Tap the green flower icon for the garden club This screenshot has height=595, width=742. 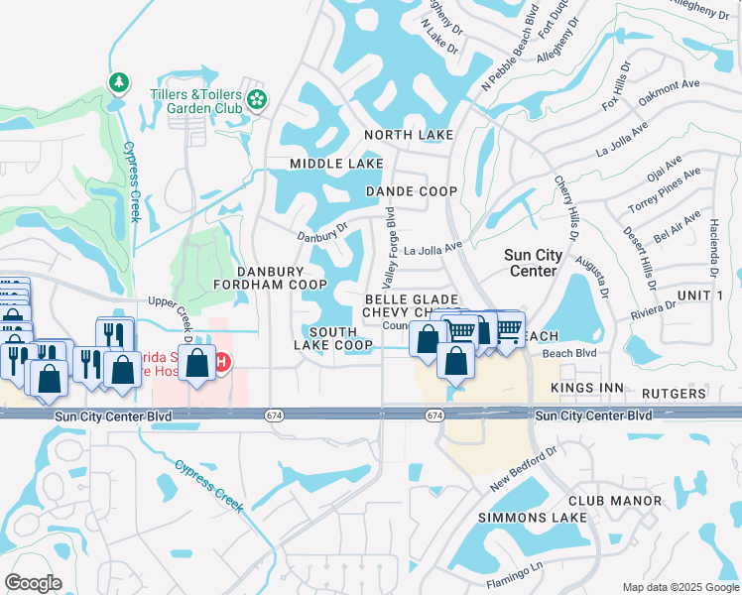click(x=258, y=98)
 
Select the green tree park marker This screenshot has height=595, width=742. click(x=118, y=80)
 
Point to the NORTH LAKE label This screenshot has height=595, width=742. click(x=408, y=135)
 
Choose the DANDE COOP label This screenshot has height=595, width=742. click(x=411, y=190)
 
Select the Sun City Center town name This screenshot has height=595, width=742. click(x=534, y=262)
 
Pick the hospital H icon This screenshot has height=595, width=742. click(x=224, y=363)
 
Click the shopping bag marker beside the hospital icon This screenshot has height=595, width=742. click(x=198, y=365)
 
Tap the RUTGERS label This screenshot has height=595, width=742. click(x=675, y=394)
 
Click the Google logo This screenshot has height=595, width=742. click(x=34, y=582)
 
